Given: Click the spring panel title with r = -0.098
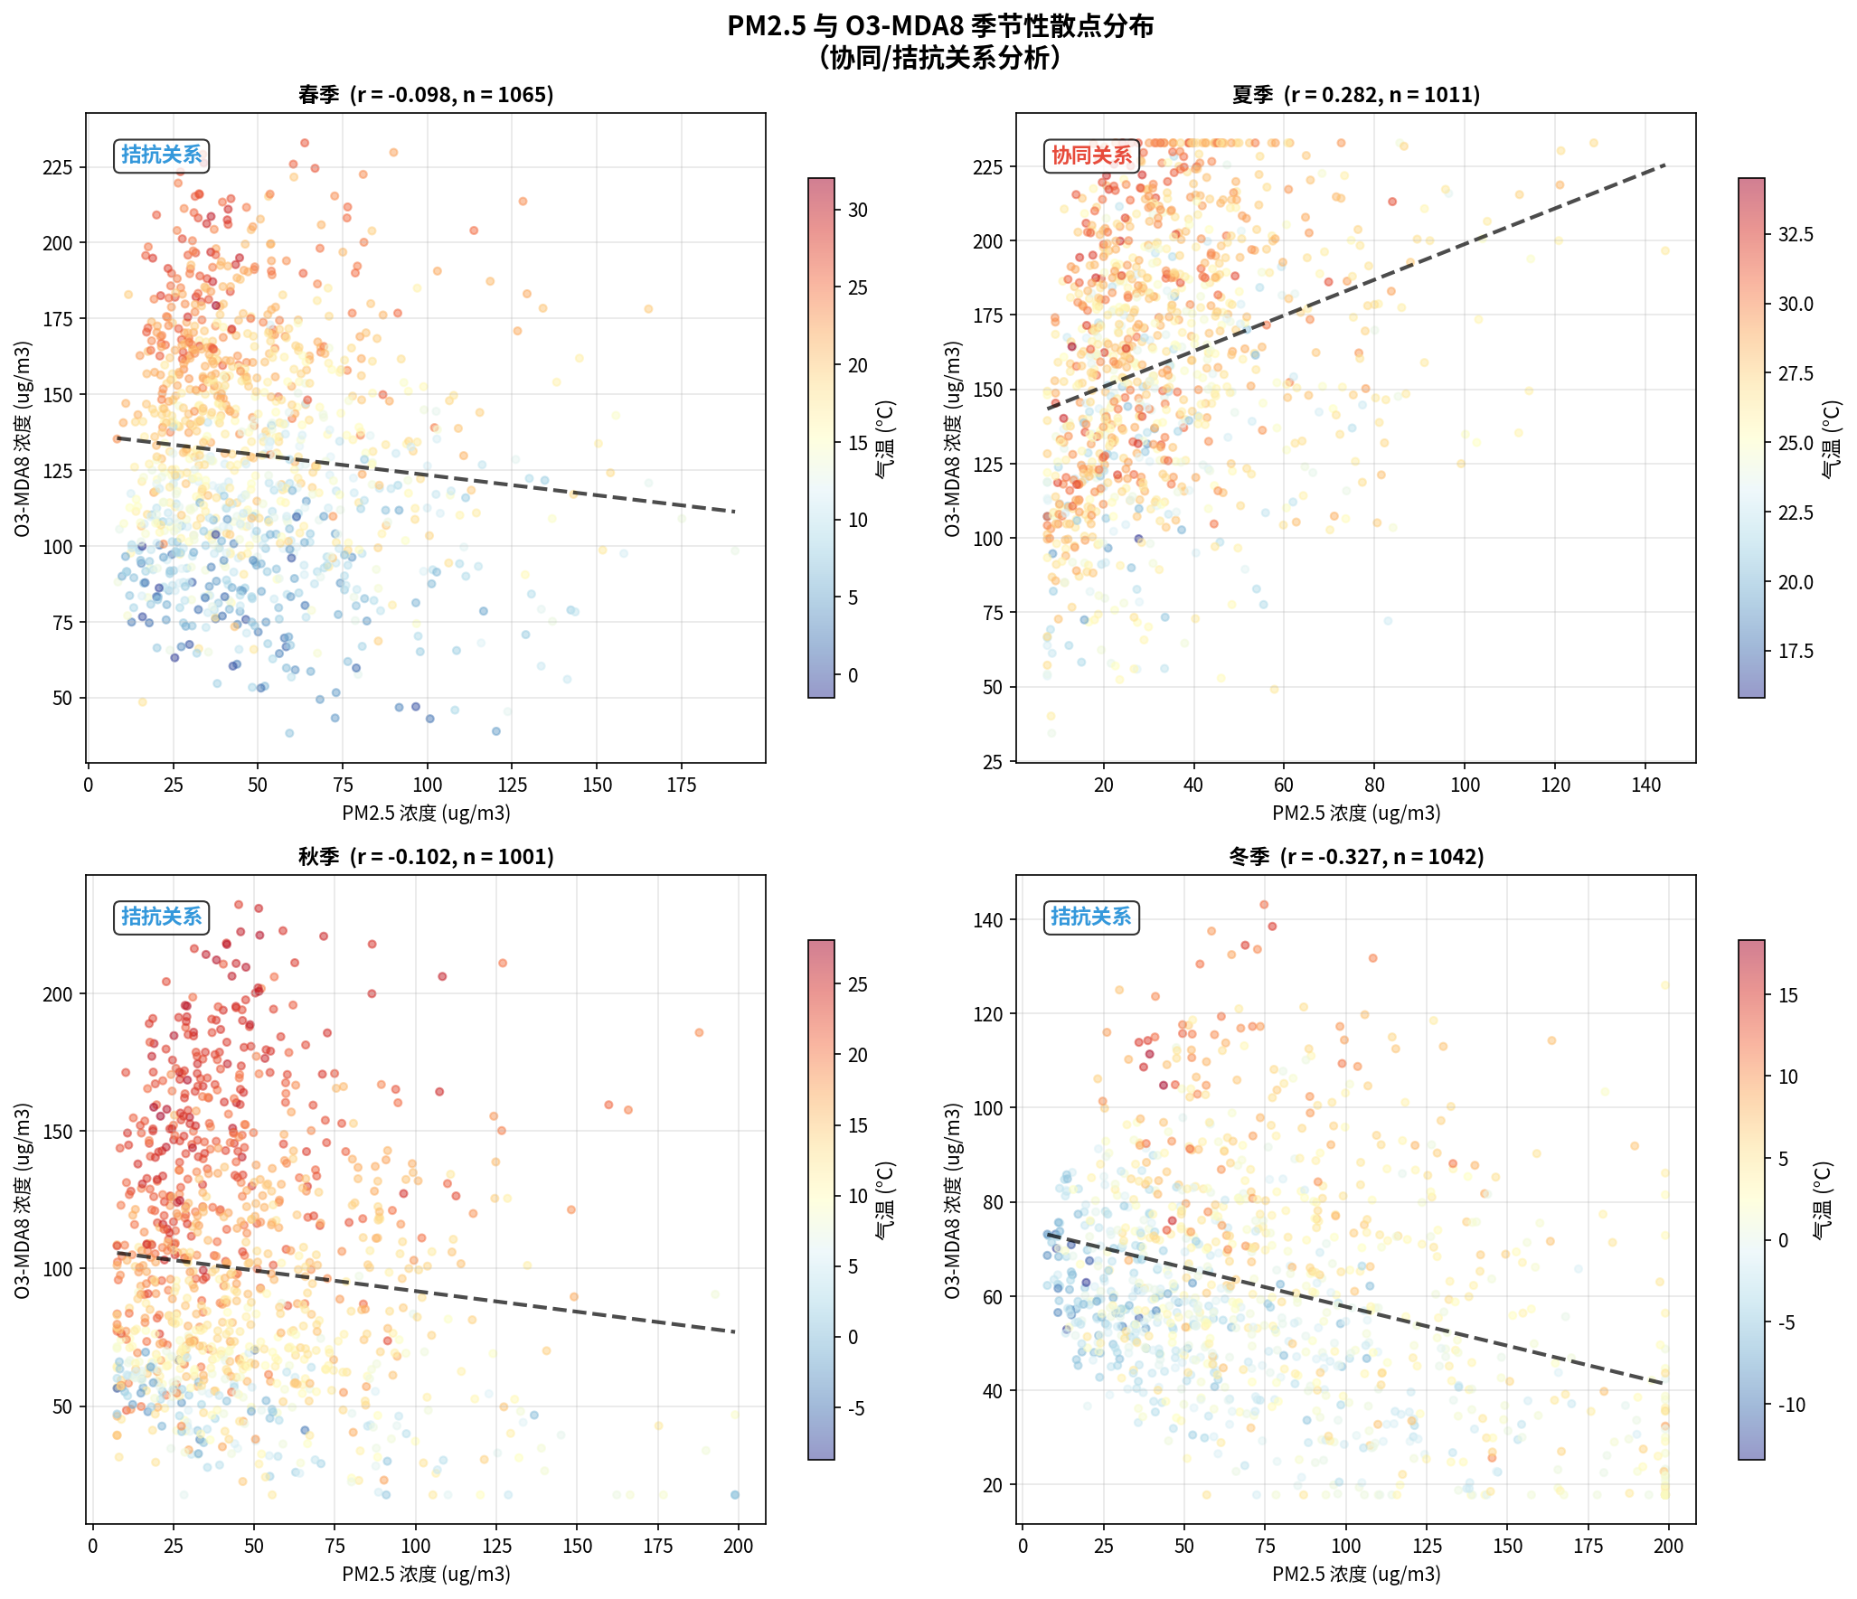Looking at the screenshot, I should pos(426,95).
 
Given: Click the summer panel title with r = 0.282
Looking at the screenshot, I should pos(1355,95).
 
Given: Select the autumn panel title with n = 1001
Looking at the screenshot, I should pos(426,857).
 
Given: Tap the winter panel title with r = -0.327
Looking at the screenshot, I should pos(1355,857).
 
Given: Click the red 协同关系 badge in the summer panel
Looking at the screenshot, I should pos(1090,155).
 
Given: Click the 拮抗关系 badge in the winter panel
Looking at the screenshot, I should pos(1090,917).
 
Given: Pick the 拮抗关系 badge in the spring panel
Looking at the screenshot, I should pos(162,155).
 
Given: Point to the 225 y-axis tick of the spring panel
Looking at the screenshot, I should pos(58,167).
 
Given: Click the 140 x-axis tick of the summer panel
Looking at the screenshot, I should pos(1645,785).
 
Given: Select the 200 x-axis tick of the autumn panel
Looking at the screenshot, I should pos(738,1547).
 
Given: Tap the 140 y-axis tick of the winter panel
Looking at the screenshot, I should pos(989,920).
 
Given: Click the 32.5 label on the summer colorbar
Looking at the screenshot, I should pos(1795,235).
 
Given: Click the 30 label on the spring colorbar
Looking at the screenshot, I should pos(857,211).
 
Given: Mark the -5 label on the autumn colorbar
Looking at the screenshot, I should pos(854,1408).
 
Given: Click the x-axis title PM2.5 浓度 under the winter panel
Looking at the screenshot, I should pos(1355,1575).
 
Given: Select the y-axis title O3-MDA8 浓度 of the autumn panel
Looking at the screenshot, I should pos(23,1200).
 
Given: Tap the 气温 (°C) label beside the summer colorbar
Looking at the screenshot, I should pos(1830,439).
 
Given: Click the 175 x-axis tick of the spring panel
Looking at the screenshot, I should pos(681,785).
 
